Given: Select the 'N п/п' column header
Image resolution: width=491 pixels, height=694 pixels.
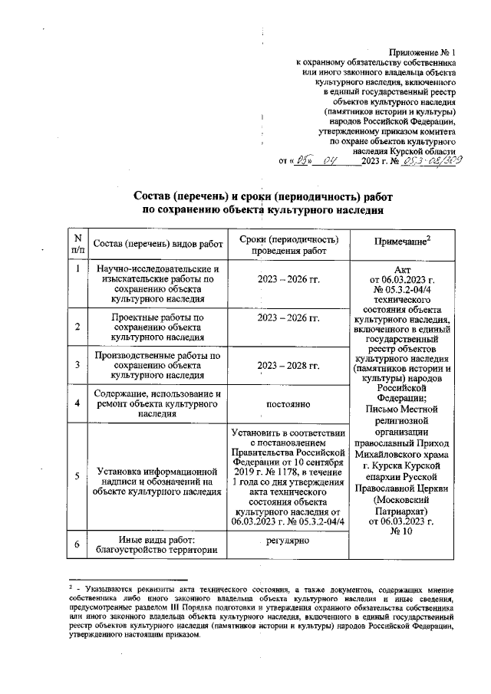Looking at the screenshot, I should pos(77,243).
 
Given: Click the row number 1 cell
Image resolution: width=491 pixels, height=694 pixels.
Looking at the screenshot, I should pos(77,269).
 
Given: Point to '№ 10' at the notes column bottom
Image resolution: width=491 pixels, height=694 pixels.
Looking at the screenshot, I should pos(400,531).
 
